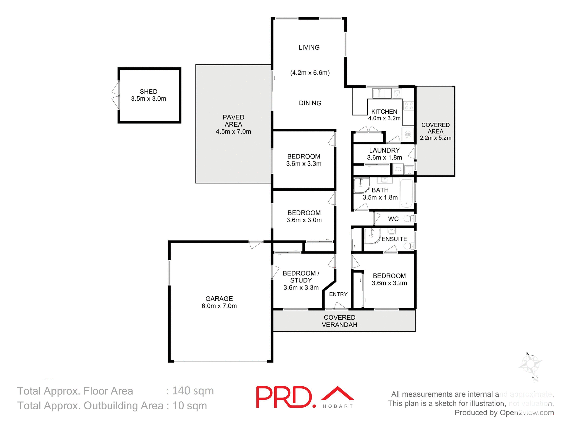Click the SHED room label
[x=149, y=91]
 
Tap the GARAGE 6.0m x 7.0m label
[x=219, y=302]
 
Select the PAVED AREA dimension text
[x=233, y=132]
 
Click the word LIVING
[x=309, y=48]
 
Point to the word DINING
[x=310, y=103]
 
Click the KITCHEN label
[x=384, y=112]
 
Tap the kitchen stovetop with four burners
[x=409, y=106]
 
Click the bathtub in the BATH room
[x=406, y=193]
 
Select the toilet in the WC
[x=409, y=219]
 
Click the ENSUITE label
[x=394, y=239]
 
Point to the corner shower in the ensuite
[x=371, y=236]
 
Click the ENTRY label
[x=338, y=294]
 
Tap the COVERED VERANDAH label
[x=339, y=321]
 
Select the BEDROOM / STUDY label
[x=301, y=277]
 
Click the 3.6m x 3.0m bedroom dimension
[x=304, y=220]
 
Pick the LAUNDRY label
[x=384, y=150]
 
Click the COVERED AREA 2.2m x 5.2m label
[x=436, y=131]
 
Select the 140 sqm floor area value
[x=193, y=391]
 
